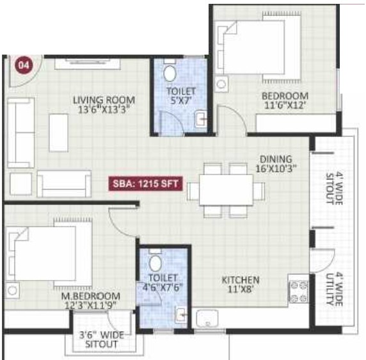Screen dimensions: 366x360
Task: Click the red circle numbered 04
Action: pos(24,65)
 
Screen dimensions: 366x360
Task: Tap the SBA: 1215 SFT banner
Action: pos(145,184)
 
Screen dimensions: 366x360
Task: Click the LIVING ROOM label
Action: pos(104,100)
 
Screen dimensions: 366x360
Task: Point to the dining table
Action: pos(226,190)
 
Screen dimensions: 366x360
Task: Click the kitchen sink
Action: pos(207,318)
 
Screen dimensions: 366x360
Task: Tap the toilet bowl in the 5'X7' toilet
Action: pos(170,74)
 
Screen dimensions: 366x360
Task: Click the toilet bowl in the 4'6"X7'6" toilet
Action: pos(155,264)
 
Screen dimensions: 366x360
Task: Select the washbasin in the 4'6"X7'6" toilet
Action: pos(181,315)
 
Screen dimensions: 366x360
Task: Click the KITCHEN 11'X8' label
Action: pos(240,285)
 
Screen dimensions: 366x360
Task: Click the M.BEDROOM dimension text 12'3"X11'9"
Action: pos(91,305)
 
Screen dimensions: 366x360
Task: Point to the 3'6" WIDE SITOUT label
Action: pos(101,340)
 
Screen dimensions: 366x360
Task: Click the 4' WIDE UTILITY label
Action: pos(334,289)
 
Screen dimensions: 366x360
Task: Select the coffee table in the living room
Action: pos(58,133)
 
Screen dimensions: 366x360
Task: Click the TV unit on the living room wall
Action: pos(88,64)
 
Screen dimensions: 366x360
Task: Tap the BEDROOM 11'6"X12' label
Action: pos(285,100)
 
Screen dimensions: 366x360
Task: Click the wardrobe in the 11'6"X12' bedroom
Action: pos(296,123)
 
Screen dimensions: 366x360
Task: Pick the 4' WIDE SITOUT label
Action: pos(334,188)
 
